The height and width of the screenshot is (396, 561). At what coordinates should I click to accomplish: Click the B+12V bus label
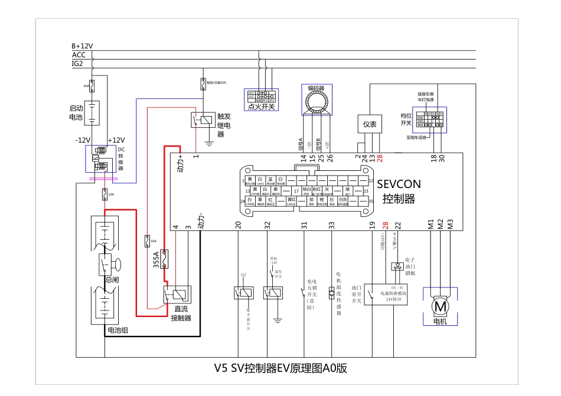pos(82,45)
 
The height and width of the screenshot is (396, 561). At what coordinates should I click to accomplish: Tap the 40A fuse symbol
pos(92,86)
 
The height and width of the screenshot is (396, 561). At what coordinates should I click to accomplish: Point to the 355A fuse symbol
pos(165,257)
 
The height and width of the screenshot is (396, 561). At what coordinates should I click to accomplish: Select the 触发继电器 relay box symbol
pos(202,120)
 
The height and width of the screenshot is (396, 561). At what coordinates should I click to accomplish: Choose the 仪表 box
pos(370,124)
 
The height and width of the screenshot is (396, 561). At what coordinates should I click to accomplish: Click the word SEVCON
pos(399,184)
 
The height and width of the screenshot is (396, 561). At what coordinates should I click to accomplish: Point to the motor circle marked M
pos(440,306)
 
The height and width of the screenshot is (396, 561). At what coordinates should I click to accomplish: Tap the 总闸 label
pos(112,280)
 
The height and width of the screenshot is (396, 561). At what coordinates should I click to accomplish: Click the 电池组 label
pos(117,330)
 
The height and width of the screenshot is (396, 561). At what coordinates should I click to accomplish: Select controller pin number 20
pos(238,225)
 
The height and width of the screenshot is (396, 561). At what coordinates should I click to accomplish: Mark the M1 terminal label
pos(431,225)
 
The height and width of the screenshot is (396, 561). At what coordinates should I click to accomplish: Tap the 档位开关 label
pos(406,119)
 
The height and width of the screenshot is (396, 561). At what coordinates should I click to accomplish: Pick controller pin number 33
pos(331,225)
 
